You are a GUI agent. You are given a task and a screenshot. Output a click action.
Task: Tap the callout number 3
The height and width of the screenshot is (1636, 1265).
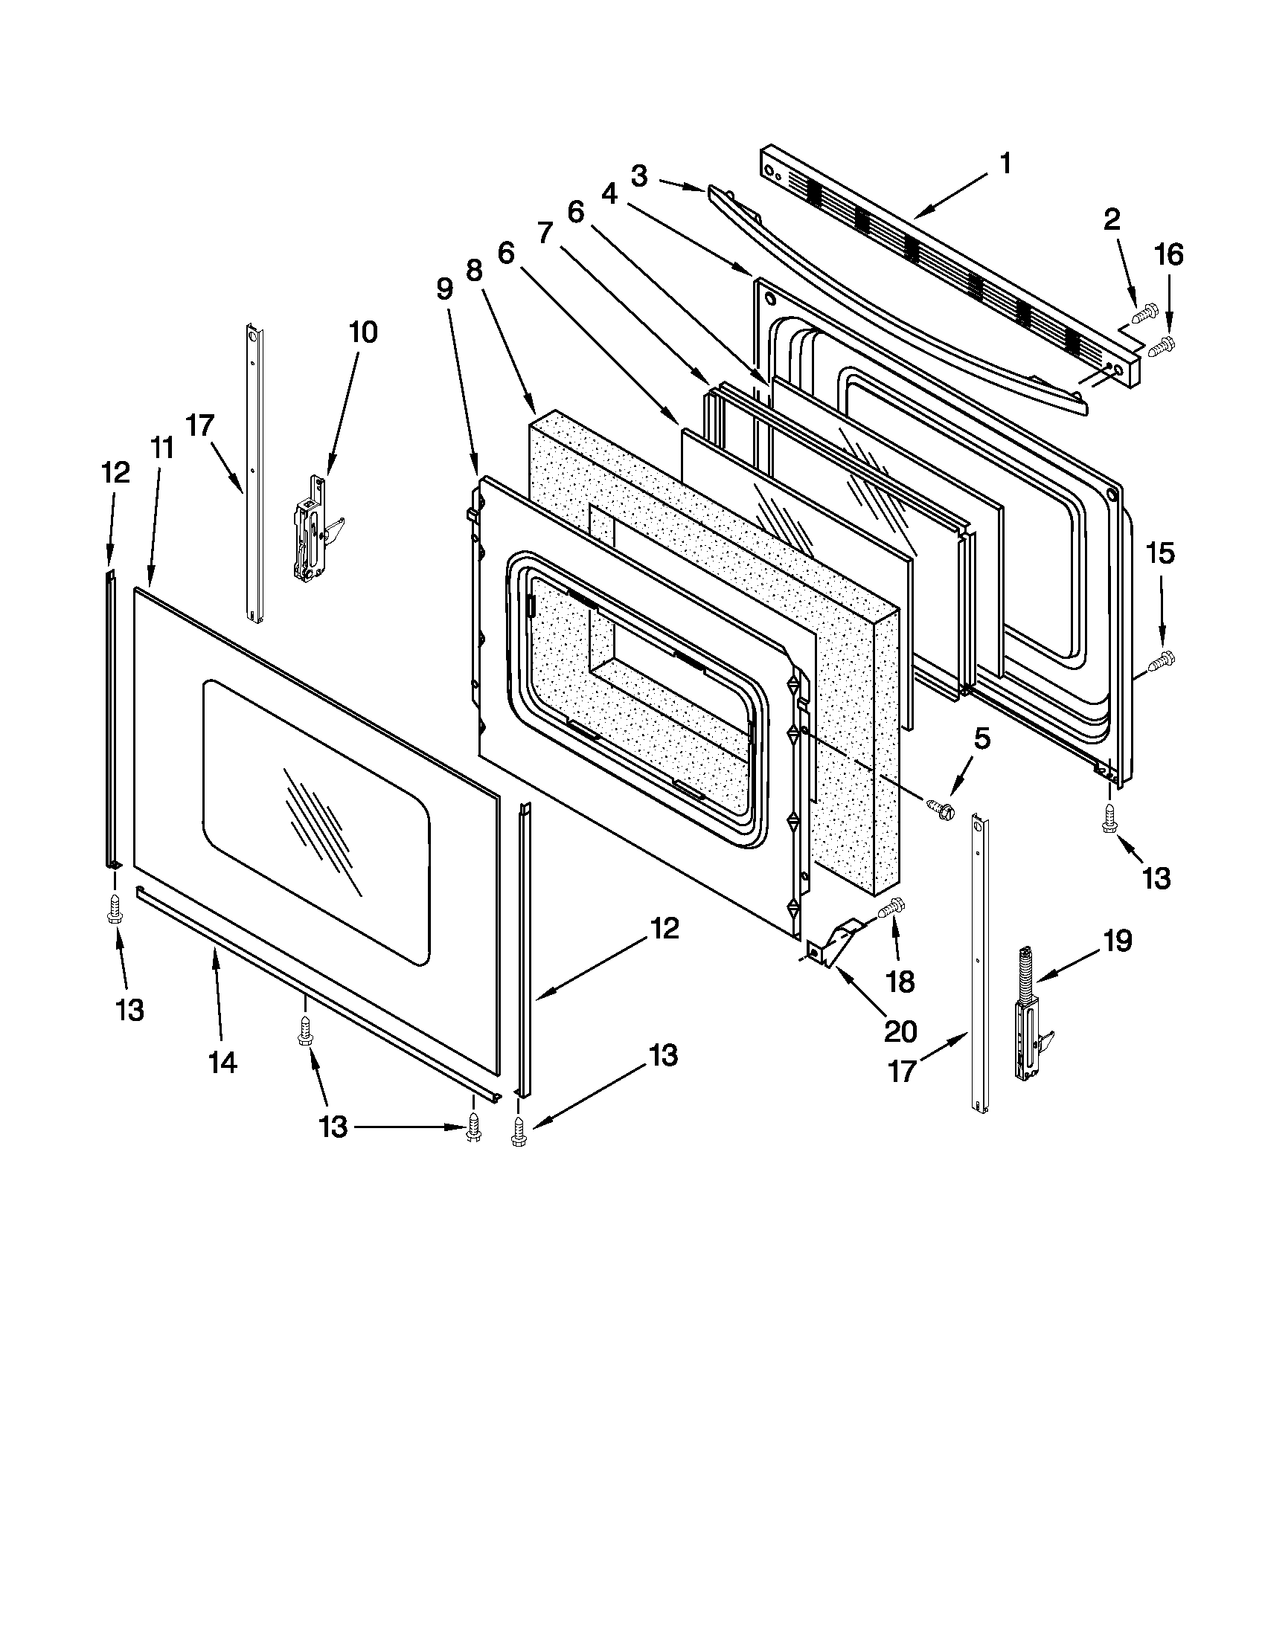point(638,177)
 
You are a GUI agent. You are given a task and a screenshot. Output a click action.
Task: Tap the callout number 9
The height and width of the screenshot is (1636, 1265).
point(444,289)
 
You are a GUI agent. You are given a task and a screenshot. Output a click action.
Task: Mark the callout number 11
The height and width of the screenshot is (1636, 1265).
point(162,448)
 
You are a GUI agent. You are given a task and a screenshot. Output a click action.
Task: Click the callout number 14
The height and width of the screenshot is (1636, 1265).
point(223,1061)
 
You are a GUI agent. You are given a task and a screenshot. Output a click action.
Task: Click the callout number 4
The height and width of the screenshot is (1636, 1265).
point(609,195)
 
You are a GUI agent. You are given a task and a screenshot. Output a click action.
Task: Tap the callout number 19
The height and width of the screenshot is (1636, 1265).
point(1117,940)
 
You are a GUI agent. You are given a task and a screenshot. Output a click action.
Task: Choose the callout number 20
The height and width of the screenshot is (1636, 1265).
point(900,1031)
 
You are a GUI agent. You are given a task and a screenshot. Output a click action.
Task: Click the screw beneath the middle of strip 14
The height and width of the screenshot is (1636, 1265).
point(305,1030)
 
